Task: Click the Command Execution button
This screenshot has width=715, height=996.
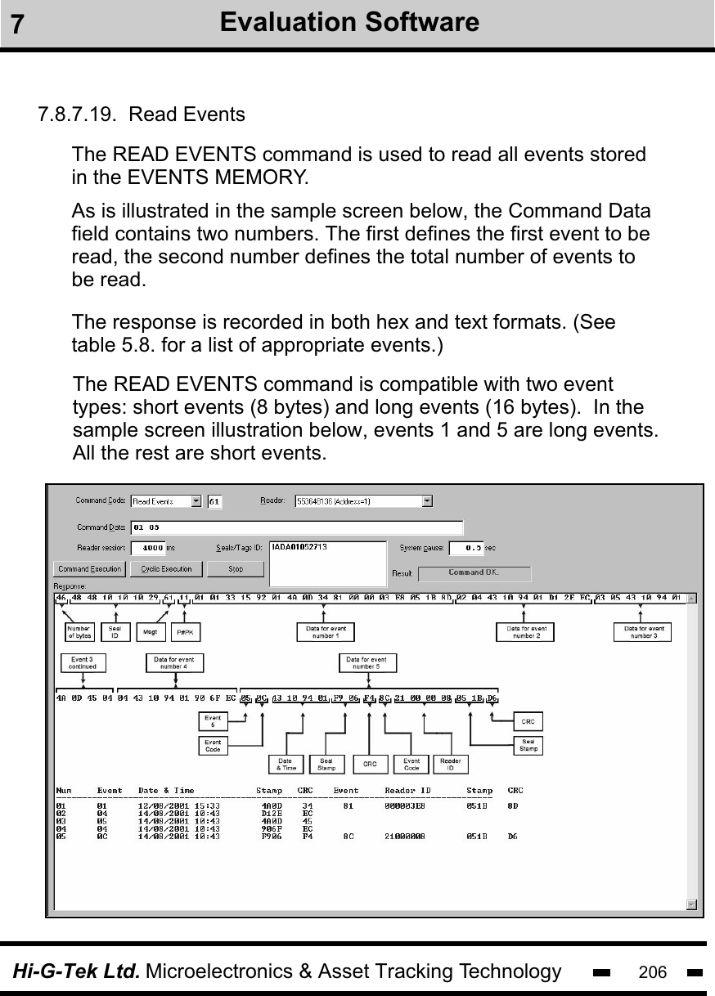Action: tap(90, 568)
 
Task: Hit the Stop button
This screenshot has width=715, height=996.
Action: tap(235, 568)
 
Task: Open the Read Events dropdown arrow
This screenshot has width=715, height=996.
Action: tap(196, 501)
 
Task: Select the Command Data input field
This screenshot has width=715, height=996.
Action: tap(296, 527)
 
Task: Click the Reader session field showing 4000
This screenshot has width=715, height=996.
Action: tap(148, 548)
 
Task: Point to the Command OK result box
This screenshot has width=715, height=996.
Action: tap(474, 573)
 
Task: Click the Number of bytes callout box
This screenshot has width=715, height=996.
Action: tap(79, 632)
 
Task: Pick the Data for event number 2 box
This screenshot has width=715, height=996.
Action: tap(526, 632)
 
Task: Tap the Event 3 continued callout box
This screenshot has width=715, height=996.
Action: tap(82, 663)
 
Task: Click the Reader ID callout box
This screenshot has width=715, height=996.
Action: tap(450, 764)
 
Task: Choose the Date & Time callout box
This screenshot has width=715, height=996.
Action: tap(286, 764)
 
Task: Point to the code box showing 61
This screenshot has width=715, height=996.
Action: tap(214, 501)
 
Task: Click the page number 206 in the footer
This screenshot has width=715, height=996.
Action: tap(652, 972)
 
